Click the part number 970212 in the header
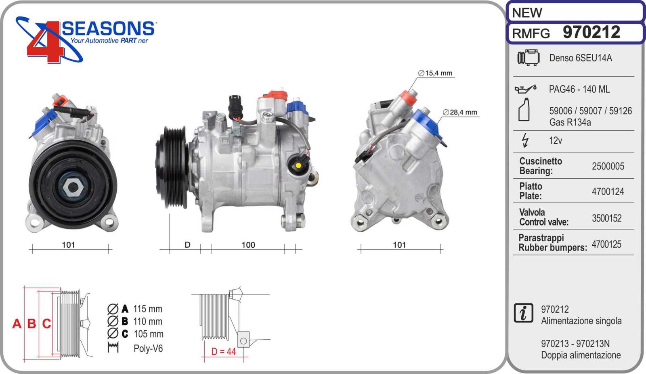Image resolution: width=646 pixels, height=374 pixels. [x=591, y=32]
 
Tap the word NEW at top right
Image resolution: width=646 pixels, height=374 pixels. [x=527, y=13]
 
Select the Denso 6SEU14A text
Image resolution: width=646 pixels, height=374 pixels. [x=580, y=58]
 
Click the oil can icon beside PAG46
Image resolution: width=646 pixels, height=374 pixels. [x=525, y=89]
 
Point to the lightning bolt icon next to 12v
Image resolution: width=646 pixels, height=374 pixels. [x=525, y=140]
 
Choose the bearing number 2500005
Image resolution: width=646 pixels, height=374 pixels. [x=608, y=166]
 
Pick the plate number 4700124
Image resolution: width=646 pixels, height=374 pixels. [x=608, y=192]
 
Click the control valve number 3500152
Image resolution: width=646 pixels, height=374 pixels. [x=606, y=218]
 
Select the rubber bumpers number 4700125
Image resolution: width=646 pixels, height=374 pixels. [x=606, y=244]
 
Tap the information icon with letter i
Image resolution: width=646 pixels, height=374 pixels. [x=523, y=313]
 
